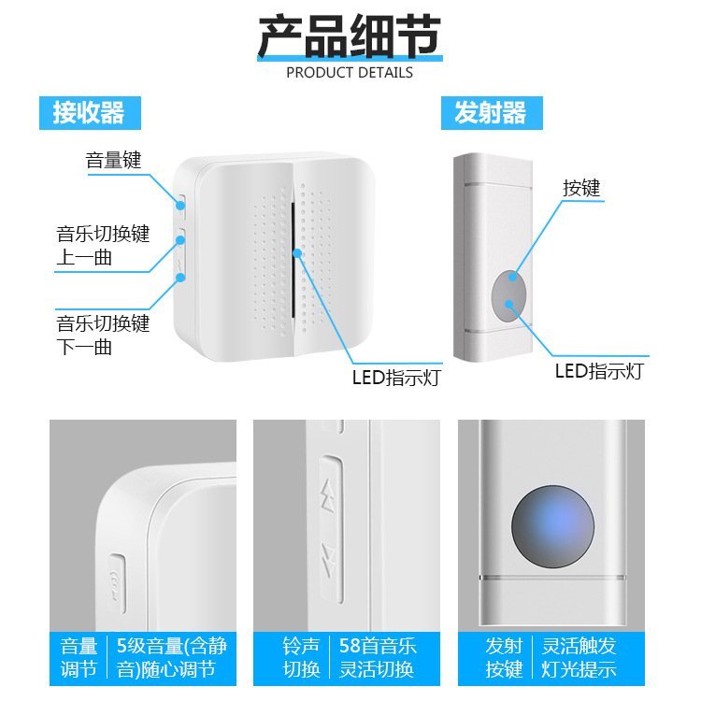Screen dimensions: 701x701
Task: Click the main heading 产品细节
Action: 350,36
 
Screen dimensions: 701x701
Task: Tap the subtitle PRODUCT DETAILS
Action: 350,72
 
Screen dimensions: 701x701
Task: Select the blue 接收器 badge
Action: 90,113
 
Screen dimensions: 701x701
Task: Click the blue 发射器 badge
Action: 492,113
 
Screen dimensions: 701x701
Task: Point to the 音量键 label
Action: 113,160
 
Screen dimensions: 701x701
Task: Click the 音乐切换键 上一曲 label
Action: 103,246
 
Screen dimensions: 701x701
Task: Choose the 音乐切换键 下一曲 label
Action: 103,335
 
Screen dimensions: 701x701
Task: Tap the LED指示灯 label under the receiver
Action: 396,378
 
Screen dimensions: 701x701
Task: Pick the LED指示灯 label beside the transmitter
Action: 599,371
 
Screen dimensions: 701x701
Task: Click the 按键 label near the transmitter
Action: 581,188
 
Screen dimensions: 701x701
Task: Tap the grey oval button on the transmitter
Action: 508,296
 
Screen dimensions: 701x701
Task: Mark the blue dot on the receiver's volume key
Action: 180,206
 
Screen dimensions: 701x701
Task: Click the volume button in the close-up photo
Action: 117,583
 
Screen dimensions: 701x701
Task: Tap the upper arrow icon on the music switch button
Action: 329,495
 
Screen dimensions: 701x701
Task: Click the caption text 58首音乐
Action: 378,646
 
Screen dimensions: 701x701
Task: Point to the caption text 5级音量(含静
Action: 172,646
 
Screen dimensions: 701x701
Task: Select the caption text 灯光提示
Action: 579,669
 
